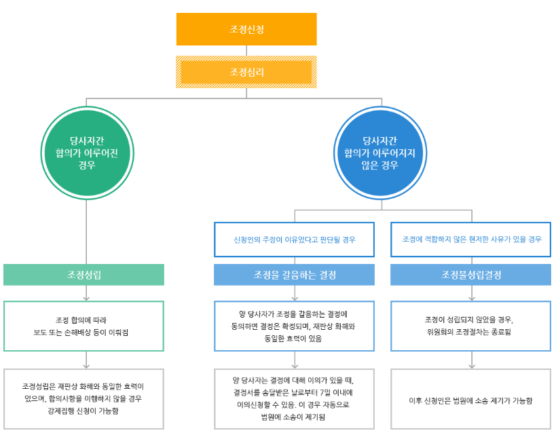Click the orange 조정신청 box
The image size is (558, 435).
[246, 29]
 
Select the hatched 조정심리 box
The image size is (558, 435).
[246, 72]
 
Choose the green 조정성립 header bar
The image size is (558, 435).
[83, 275]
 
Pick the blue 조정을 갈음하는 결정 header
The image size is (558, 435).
[294, 275]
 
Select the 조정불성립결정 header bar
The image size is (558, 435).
[471, 275]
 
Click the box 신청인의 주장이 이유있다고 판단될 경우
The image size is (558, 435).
[294, 240]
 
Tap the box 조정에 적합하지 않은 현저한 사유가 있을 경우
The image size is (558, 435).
[471, 240]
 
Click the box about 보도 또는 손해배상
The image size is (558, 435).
[83, 326]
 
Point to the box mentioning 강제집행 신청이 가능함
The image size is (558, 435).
[83, 398]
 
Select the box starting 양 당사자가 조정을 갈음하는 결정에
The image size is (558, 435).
[294, 326]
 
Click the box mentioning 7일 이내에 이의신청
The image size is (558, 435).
[294, 398]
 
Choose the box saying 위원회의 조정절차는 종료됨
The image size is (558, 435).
[471, 326]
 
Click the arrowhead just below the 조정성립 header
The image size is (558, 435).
[86, 297]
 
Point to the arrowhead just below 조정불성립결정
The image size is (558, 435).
[472, 297]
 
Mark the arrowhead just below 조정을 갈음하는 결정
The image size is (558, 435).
[295, 297]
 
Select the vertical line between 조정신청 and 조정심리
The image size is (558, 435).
[246, 50]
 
